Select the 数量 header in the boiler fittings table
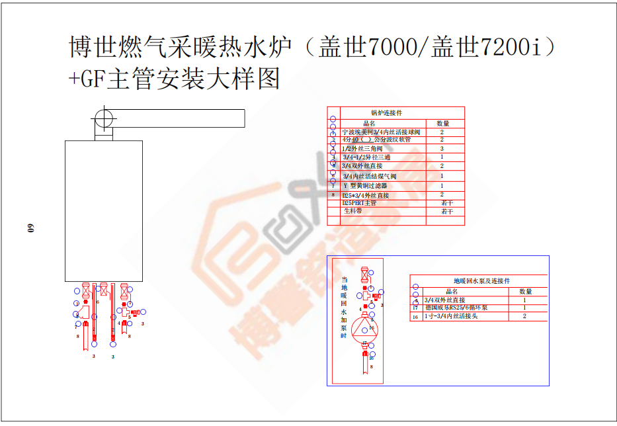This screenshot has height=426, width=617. [x=443, y=123]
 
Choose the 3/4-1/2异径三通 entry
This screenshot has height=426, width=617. [x=366, y=157]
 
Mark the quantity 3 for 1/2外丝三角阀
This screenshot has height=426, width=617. [x=442, y=149]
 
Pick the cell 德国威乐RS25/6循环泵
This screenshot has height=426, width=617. [x=456, y=308]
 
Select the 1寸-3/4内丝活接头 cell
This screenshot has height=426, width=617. [x=456, y=317]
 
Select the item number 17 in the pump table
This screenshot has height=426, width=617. [x=415, y=308]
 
